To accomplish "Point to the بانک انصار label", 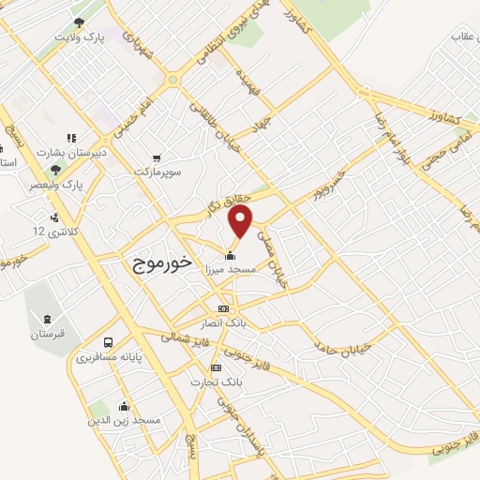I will (224, 321).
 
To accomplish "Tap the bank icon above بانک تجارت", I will (217, 368).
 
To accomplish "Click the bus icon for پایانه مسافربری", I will (109, 343).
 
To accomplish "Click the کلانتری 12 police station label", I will (52, 231).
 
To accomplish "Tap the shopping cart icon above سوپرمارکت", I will (155, 159).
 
